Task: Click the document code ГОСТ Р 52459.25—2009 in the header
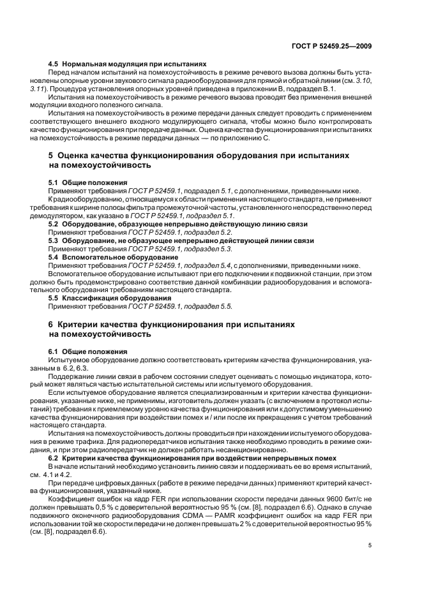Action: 337,46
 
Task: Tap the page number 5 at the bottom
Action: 370,545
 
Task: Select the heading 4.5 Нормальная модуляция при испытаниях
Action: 128,64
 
